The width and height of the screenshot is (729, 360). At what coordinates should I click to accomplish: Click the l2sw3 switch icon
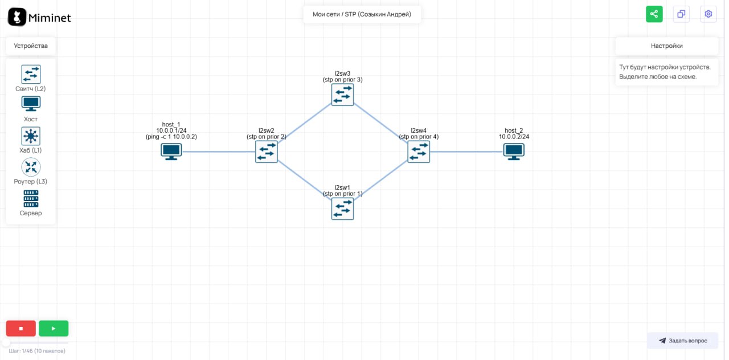(342, 95)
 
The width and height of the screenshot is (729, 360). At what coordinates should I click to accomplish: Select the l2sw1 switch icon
(342, 208)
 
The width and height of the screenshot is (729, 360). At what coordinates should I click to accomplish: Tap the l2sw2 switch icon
(267, 152)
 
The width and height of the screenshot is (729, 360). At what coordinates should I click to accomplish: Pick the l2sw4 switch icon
(419, 152)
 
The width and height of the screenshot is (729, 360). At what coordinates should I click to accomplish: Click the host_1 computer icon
(171, 152)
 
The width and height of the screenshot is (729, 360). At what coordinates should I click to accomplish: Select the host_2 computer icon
(514, 152)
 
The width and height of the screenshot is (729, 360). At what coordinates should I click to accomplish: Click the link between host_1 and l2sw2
(219, 152)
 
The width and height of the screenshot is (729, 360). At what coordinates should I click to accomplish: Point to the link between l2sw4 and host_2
(466, 152)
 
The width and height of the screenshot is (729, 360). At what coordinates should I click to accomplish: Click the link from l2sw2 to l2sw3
(304, 122)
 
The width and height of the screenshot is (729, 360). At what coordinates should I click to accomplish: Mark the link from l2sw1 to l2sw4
(380, 180)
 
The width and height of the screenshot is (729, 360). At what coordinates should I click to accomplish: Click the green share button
(654, 14)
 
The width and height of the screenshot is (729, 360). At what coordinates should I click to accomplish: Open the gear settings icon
(708, 14)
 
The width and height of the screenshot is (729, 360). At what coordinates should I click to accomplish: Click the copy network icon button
(681, 14)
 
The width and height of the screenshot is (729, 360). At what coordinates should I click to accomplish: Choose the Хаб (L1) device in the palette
(31, 136)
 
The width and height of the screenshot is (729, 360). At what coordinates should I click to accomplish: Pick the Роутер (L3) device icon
(31, 167)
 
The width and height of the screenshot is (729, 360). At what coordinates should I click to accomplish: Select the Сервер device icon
(31, 199)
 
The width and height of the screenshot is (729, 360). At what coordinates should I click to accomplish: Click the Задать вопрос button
(682, 341)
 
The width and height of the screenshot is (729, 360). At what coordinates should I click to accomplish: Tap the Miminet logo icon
(17, 17)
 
